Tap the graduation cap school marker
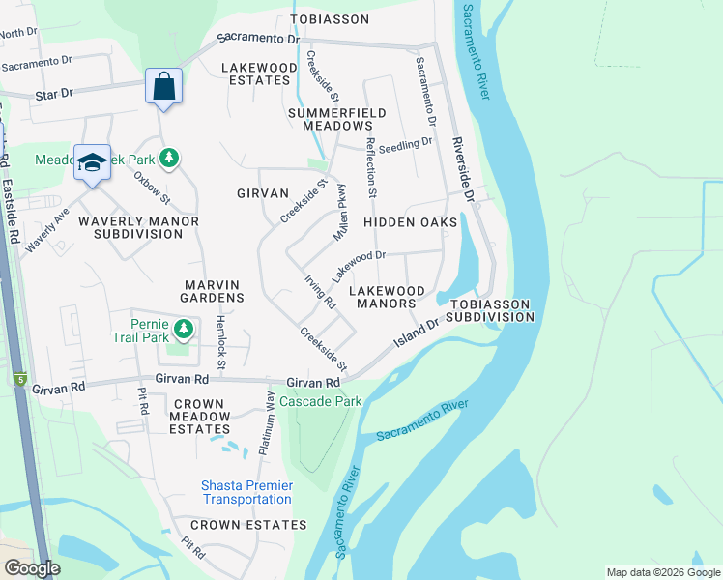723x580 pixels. tap(93, 162)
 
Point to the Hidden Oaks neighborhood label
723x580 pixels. tap(410, 222)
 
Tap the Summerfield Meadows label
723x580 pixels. tap(336, 119)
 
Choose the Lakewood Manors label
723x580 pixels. tap(386, 297)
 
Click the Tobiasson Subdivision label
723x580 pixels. tap(489, 310)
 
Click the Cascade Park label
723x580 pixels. tap(321, 401)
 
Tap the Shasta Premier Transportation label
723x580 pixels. tap(246, 492)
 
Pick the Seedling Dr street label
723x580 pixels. tap(405, 142)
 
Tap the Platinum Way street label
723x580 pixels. tap(270, 422)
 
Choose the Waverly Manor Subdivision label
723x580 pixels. tap(138, 227)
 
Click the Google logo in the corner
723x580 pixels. tap(32, 568)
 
